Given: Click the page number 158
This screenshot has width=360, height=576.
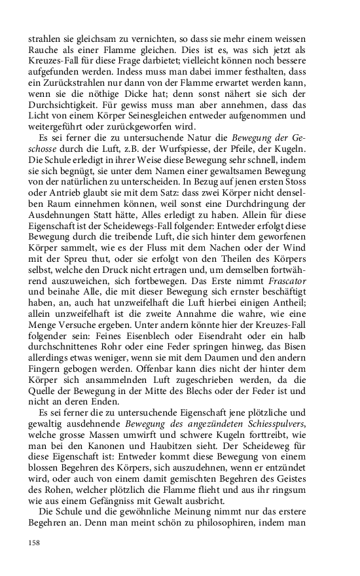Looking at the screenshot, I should (35, 542).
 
